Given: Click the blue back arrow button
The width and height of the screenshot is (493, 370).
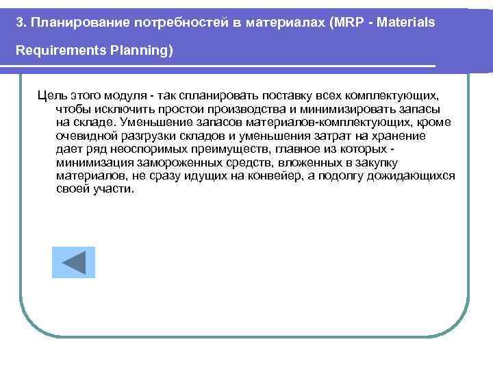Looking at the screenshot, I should tap(73, 262).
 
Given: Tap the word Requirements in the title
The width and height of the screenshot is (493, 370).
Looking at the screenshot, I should tap(51, 51).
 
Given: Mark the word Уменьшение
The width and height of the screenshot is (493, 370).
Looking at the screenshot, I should tap(151, 123).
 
